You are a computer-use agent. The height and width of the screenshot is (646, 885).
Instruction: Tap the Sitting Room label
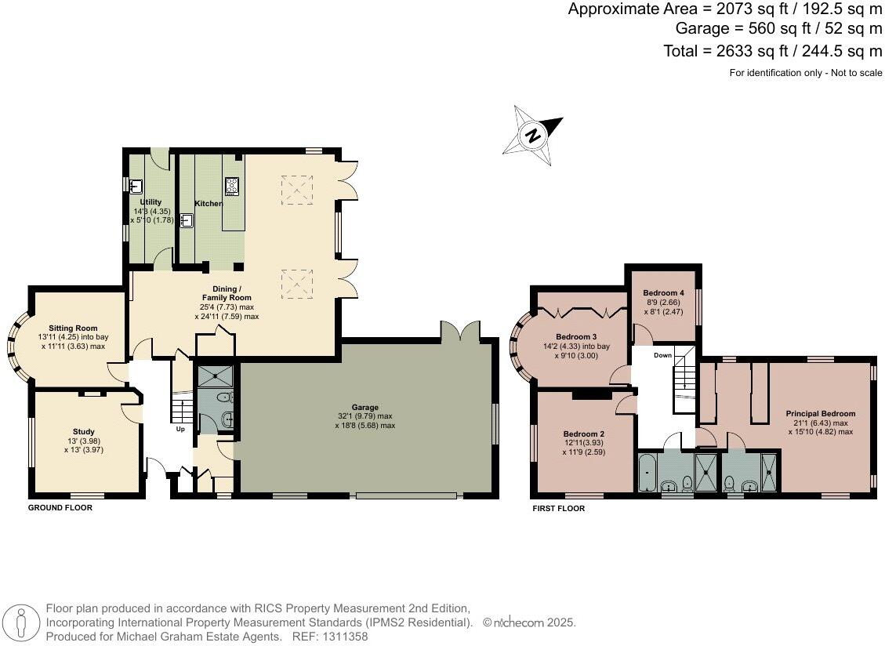point(73,328)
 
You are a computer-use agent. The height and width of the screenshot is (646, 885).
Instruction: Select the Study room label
point(84,432)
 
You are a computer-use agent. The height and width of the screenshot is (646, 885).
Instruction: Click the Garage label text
point(365,408)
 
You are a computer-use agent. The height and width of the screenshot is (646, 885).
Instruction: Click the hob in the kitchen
point(232,186)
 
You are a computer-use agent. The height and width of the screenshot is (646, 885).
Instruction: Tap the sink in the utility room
point(136,186)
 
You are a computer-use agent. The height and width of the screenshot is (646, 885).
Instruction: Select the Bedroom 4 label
point(663,293)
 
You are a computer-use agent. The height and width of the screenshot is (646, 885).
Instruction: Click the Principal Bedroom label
point(821,413)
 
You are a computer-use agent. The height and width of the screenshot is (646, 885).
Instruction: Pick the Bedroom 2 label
point(583,434)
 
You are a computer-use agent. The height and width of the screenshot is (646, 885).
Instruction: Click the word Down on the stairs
point(662,354)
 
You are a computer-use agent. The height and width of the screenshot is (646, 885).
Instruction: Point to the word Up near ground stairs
point(180,430)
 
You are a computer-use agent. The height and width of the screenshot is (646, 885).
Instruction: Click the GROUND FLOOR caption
point(60,508)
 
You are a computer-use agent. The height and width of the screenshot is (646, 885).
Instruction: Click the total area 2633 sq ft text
point(773,52)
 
